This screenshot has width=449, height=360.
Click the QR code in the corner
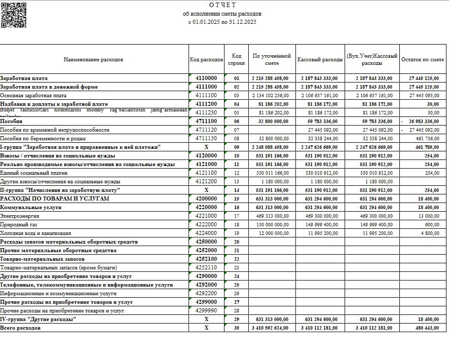point(13,15)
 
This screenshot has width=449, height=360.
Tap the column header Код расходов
point(206,60)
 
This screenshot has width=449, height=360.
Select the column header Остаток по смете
point(422,60)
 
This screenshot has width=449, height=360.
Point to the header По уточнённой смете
point(272,60)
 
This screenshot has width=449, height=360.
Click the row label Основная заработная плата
point(33,95)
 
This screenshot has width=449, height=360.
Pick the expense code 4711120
point(206,130)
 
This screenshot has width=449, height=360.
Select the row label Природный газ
point(19,224)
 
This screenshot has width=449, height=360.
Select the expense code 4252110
point(206,267)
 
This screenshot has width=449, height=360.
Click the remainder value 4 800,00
point(428,233)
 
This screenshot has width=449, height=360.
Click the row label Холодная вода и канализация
point(35,233)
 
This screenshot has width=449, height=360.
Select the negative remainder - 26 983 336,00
point(420,121)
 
